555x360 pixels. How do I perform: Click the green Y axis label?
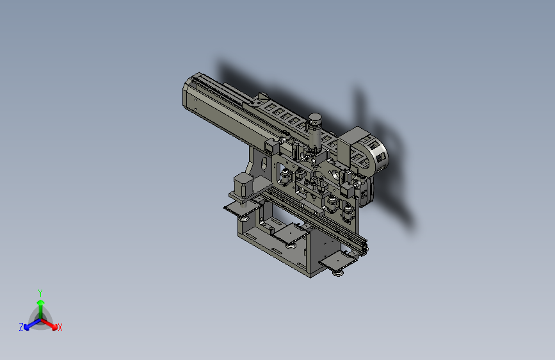click(x=40, y=293)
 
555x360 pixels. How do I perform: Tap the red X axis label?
click(x=60, y=327)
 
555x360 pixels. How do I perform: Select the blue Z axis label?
click(x=21, y=327)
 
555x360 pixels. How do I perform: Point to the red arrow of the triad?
click(x=49, y=324)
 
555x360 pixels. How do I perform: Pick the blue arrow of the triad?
click(x=33, y=324)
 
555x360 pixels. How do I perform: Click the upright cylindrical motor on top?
click(x=315, y=131)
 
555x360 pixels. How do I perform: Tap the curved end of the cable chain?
click(x=379, y=156)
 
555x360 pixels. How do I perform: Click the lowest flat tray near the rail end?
click(x=337, y=261)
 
